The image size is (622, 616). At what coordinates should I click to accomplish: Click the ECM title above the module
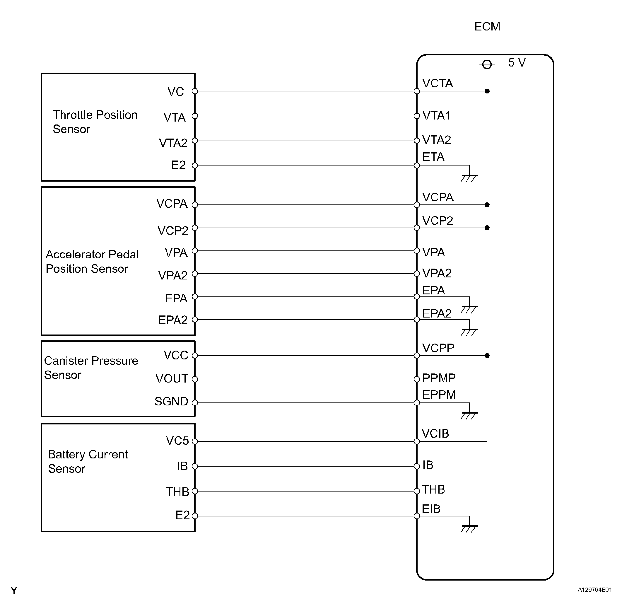pos(487,26)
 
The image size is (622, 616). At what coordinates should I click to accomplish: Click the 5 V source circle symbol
pos(487,65)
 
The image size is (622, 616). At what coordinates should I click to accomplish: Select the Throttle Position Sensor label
pos(95,122)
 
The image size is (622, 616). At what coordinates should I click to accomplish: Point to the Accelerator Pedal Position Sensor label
pos(92,262)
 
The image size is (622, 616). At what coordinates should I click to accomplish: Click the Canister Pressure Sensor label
pos(91,368)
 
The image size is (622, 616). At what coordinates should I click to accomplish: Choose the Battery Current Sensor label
pos(88,461)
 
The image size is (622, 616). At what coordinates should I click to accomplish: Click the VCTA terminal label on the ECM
pos(437,83)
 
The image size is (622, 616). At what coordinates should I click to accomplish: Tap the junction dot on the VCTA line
pos(487,91)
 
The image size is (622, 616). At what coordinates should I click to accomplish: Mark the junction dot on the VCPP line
pos(487,356)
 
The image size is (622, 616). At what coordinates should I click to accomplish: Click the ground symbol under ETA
pos(469,178)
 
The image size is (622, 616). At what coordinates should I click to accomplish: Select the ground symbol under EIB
pos(469,528)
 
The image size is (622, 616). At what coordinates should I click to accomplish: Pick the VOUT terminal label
pos(172,379)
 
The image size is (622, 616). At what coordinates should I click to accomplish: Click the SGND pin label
pos(171,402)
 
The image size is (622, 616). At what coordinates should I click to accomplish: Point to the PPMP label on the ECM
pos(438,378)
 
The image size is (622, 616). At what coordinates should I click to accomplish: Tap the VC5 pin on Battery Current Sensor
pos(194,441)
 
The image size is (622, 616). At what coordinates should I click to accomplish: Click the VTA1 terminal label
pos(436,116)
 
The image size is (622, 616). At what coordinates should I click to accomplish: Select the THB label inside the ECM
pos(433,490)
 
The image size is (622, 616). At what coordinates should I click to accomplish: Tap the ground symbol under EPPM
pos(469,415)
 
